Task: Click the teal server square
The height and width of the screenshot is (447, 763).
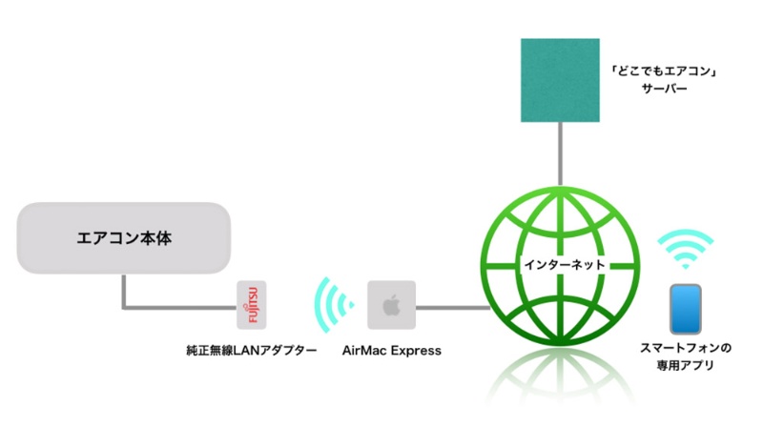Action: click(560, 80)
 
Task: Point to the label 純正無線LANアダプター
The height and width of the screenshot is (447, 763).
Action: click(251, 351)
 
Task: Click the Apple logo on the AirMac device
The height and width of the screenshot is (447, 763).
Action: click(389, 305)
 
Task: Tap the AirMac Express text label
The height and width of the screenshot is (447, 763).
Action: click(391, 351)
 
